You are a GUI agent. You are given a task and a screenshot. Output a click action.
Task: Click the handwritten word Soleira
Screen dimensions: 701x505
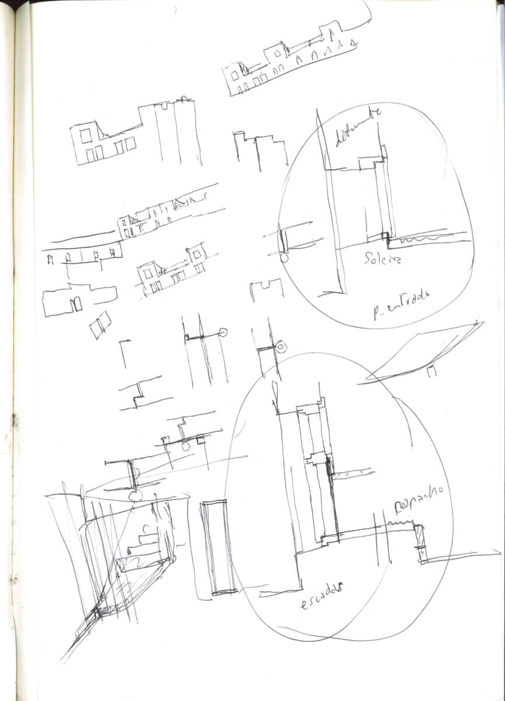click(x=382, y=258)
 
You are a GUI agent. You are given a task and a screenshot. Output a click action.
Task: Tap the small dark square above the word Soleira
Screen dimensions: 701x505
click(x=384, y=235)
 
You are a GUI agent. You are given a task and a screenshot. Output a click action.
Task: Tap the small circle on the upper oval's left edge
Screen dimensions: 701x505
click(x=284, y=257)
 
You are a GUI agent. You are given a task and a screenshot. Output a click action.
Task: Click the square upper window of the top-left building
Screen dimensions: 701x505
click(x=86, y=136)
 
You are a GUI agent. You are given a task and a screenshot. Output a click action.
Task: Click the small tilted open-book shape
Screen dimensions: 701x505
click(x=100, y=324)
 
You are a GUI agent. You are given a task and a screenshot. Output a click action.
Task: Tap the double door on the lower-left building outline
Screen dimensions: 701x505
click(x=76, y=304)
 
